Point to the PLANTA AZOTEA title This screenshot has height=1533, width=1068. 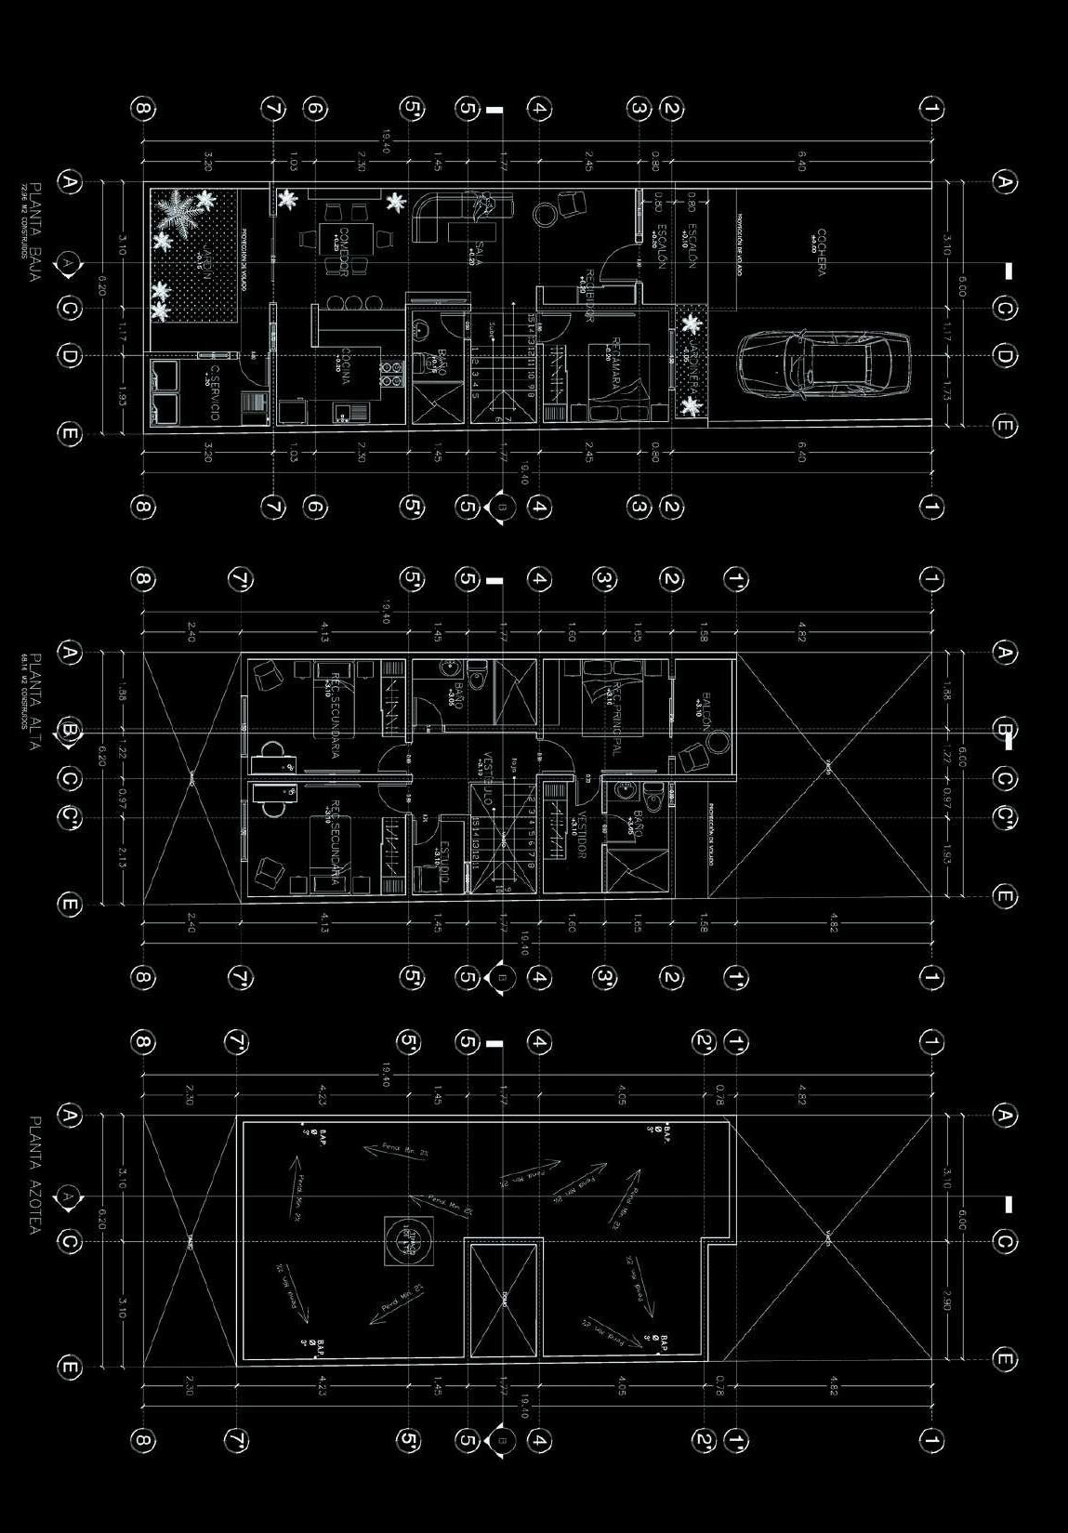[35, 1175]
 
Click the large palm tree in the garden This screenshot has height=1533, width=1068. [182, 213]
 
